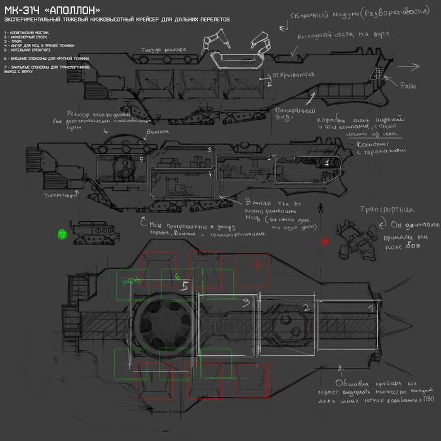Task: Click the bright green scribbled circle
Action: [62, 234]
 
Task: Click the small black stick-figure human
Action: [319, 208]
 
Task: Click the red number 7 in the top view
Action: [256, 265]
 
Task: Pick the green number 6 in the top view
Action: [178, 276]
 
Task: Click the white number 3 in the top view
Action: [246, 303]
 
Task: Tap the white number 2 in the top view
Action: [306, 308]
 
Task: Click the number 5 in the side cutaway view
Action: [141, 159]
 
